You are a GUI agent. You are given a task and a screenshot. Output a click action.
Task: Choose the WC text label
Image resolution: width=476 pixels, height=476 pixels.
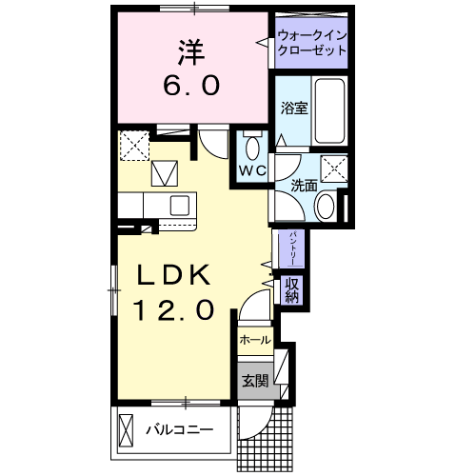coord(251,170)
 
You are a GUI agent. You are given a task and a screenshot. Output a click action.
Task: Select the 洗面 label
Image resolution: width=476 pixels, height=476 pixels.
coord(304,184)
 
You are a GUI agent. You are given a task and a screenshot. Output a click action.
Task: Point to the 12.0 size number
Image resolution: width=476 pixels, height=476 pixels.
coord(172,310)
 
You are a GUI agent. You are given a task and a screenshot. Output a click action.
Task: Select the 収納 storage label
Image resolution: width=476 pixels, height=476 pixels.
coord(291,289)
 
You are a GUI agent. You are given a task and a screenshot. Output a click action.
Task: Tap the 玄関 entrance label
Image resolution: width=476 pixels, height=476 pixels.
coord(254,382)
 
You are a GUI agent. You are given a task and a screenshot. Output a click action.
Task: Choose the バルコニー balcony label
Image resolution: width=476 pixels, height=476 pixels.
coord(179,429)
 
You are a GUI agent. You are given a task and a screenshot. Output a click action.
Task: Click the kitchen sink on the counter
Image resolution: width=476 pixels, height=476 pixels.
coord(178,204)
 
